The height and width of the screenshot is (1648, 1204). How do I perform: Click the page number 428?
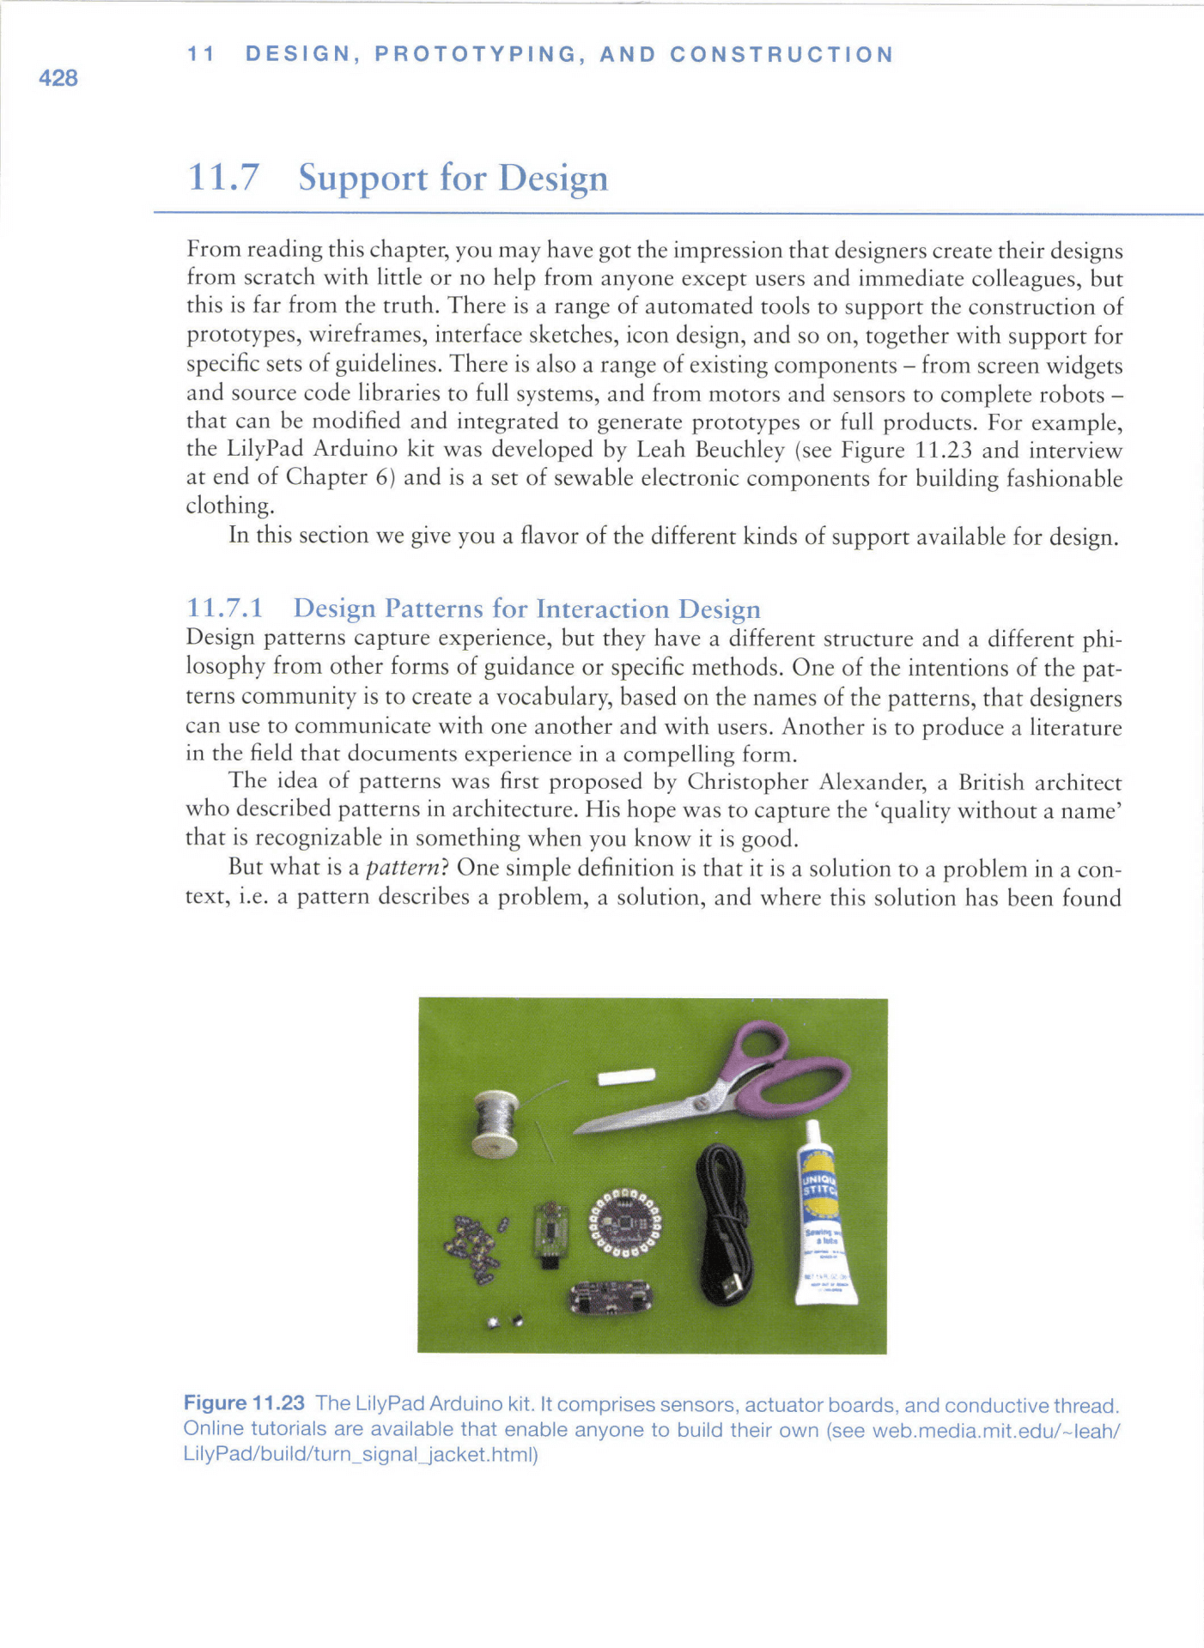(58, 78)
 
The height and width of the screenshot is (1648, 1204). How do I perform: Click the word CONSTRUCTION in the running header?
(781, 55)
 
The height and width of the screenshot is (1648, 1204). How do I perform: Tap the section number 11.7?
(222, 178)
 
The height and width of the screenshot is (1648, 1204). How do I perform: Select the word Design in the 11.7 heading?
(553, 178)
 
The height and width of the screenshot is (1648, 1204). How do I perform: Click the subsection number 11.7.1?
(224, 609)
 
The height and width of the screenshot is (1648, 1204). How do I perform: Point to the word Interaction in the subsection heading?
(602, 609)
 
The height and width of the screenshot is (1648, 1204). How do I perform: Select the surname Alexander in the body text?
(873, 782)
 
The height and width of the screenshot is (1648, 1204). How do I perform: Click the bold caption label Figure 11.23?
(244, 1403)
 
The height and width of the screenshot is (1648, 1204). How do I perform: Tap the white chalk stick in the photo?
(627, 1076)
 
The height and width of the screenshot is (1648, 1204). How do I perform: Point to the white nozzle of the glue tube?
(812, 1135)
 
